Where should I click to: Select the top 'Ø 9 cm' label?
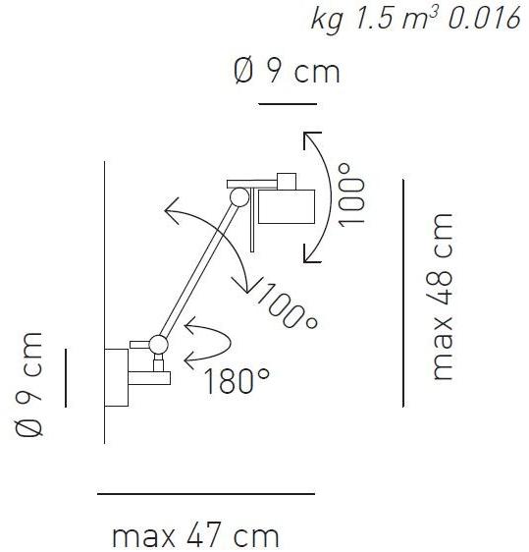[x=287, y=72]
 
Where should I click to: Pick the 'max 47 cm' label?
[x=195, y=536]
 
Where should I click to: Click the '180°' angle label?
[x=238, y=380]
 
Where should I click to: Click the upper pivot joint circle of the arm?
[x=238, y=197]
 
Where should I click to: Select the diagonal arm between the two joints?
[x=197, y=270]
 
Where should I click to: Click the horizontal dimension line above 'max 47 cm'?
[x=206, y=493]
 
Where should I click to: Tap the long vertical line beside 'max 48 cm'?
[x=403, y=292]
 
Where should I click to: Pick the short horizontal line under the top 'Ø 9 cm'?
[x=287, y=103]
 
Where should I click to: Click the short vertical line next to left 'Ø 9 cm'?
[x=66, y=376]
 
